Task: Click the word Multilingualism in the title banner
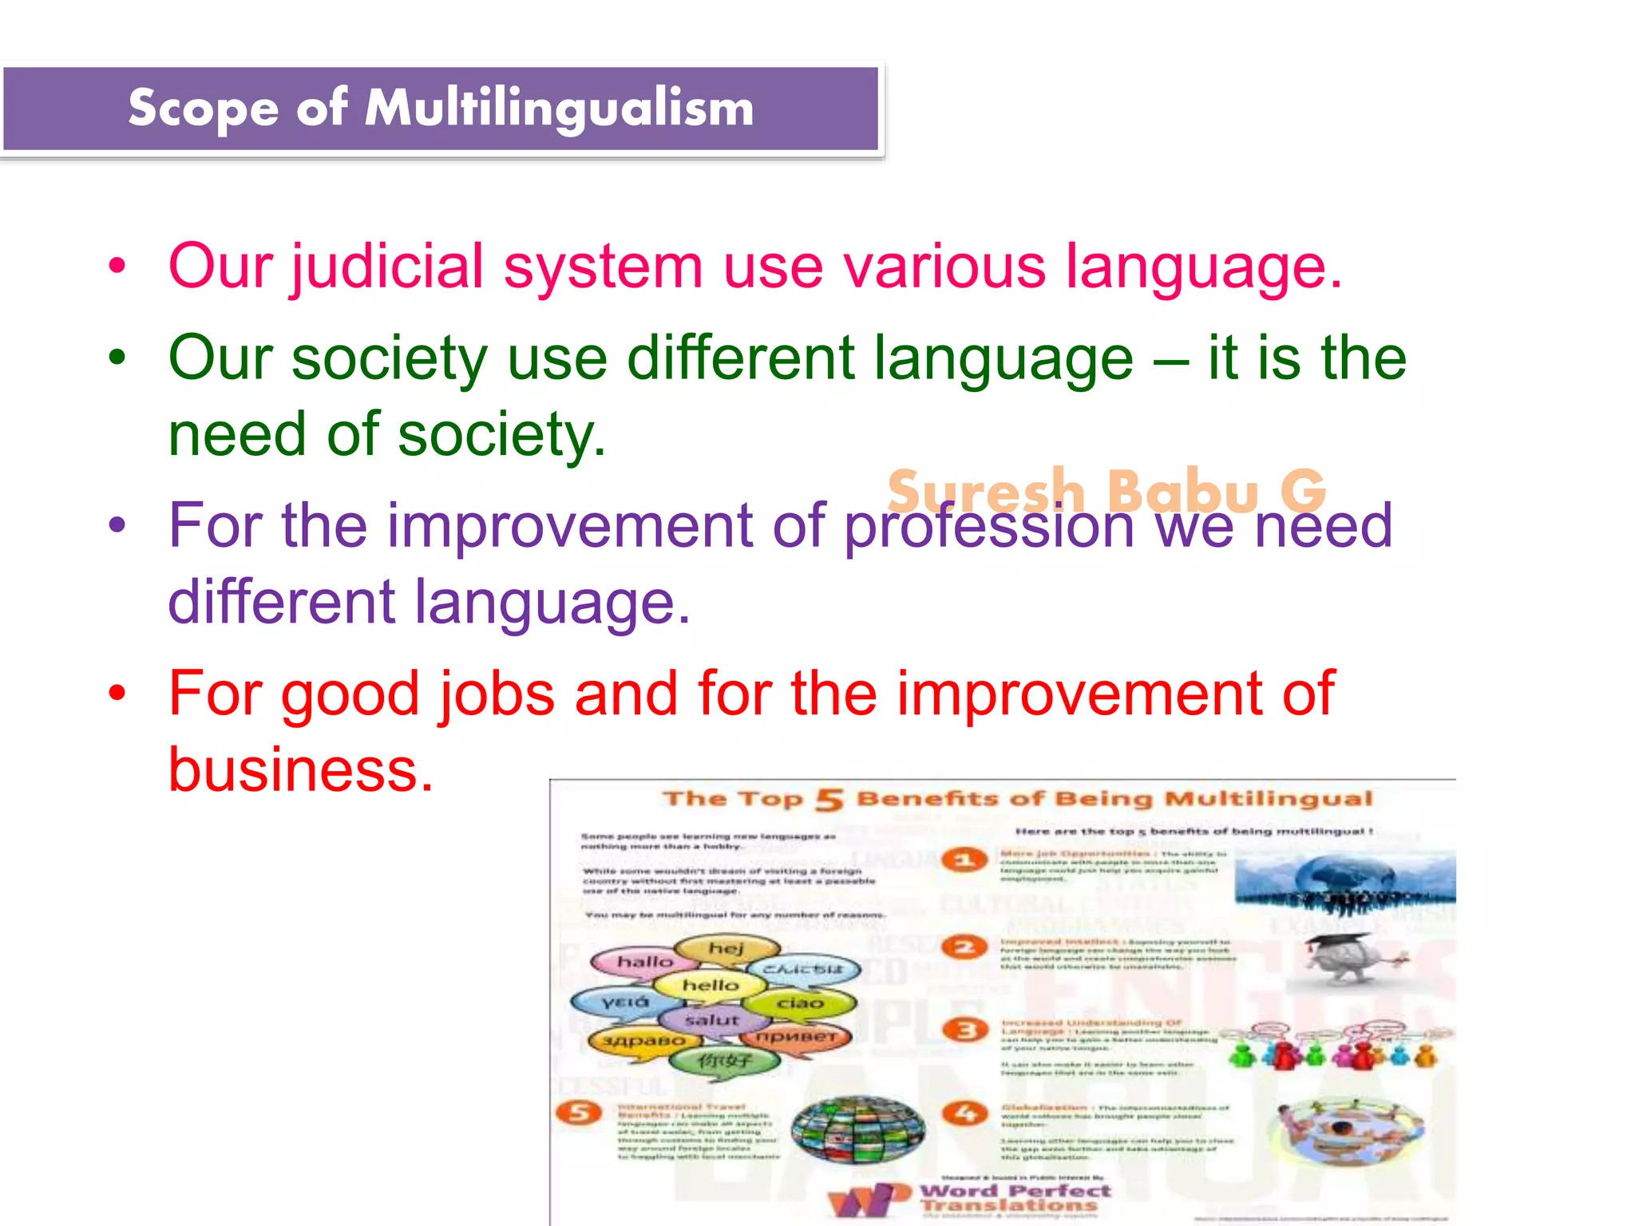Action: click(x=559, y=108)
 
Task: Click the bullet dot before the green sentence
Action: click(x=117, y=358)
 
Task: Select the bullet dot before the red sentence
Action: click(x=117, y=693)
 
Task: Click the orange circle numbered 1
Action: click(x=964, y=860)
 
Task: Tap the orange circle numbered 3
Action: click(x=965, y=1030)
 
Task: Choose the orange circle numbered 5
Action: click(x=580, y=1112)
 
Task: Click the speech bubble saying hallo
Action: click(x=643, y=962)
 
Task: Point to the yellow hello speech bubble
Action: click(x=710, y=986)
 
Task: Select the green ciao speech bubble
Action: click(x=800, y=1003)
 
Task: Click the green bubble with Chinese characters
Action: click(x=724, y=1061)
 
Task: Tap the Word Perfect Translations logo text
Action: click(x=1014, y=1197)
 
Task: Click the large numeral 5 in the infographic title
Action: click(x=829, y=799)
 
